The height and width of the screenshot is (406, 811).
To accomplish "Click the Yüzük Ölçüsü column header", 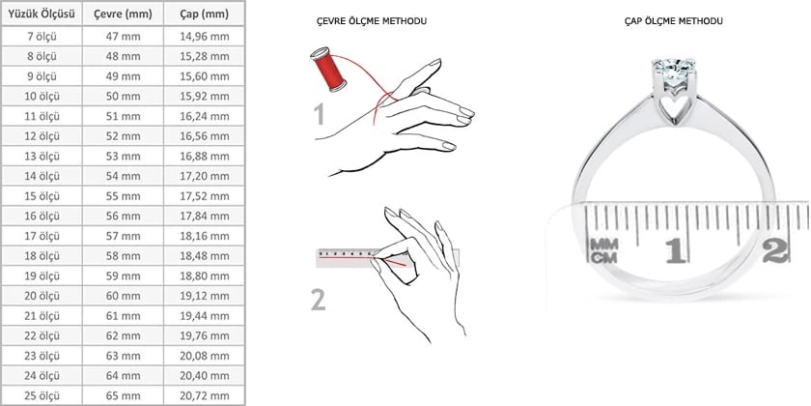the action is pos(42,14).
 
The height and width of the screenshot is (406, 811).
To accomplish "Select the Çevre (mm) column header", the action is pos(124,14).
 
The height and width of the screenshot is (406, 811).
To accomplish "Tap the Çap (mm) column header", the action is pos(205,14).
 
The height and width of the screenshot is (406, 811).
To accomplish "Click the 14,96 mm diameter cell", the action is pos(205,37).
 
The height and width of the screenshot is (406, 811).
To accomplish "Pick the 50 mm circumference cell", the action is pos(124,97).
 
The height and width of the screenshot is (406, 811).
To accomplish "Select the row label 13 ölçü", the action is pos(42,157).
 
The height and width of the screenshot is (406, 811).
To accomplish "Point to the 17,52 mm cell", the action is pos(205,196).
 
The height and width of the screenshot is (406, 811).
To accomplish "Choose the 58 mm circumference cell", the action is pos(124,256).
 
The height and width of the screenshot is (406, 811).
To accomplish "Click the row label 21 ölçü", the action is pos(42,316).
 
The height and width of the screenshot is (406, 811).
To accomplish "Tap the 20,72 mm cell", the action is pos(205,396).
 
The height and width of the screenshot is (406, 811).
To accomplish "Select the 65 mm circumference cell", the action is pos(124,396).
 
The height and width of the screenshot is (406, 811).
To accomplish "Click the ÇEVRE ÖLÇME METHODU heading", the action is pos(372,21).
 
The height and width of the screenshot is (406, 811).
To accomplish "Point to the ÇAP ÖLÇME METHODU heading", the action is pos(674,21).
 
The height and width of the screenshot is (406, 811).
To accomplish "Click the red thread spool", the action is pos(328,69).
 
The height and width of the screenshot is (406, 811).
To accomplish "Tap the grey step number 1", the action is pos(321,114).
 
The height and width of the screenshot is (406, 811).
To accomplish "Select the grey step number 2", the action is pos(319,300).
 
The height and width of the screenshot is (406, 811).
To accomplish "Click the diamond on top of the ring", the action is pos(674,67).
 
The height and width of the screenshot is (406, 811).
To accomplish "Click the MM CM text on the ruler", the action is pos(603,250).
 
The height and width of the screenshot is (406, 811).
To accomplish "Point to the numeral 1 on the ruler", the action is pos(676,250).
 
